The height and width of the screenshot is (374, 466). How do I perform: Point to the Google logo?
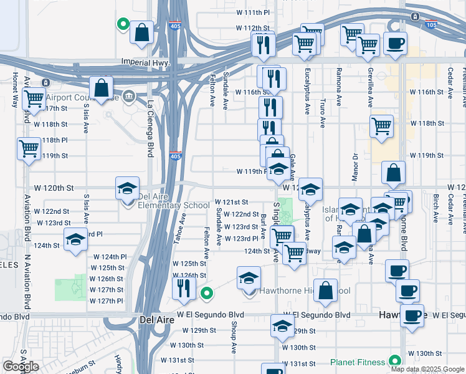coord(21,367)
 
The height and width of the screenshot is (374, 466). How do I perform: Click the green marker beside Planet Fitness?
coord(394,361)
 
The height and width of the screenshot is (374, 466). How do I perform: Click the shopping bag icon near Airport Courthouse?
coord(101,89)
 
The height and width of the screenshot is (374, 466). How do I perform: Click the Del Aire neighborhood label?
coord(152,320)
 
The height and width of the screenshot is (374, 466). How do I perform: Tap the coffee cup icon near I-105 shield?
coord(395,43)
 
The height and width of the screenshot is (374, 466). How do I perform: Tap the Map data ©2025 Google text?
coord(427,368)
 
